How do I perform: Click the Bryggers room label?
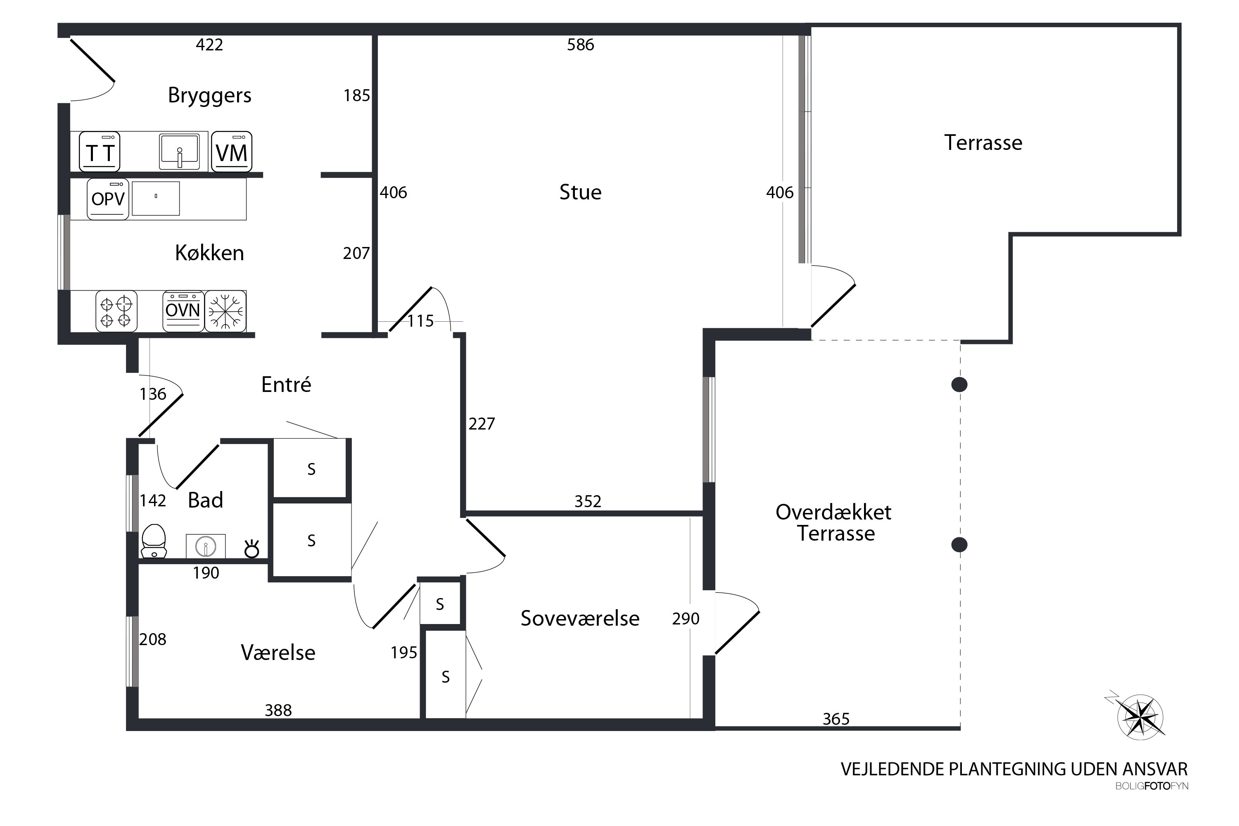pyautogui.click(x=210, y=96)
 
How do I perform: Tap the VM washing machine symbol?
pyautogui.click(x=232, y=152)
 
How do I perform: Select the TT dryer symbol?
pyautogui.click(x=100, y=152)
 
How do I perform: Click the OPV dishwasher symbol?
pyautogui.click(x=108, y=199)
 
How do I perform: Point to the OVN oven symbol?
pyautogui.click(x=183, y=311)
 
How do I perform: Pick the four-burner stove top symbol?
pyautogui.click(x=116, y=311)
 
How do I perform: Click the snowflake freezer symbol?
pyautogui.click(x=225, y=311)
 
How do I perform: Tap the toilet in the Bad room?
pyautogui.click(x=154, y=541)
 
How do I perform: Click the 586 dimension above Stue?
pyautogui.click(x=581, y=45)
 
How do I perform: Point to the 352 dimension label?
pyautogui.click(x=588, y=501)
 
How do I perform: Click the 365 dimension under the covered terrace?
pyautogui.click(x=836, y=719)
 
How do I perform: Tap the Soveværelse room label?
pyautogui.click(x=580, y=618)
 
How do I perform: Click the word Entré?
pyautogui.click(x=286, y=385)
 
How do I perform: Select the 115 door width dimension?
pyautogui.click(x=420, y=321)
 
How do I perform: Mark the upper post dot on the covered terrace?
pyautogui.click(x=959, y=385)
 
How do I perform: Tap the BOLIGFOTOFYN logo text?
pyautogui.click(x=1151, y=786)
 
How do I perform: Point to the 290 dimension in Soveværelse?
pyautogui.click(x=686, y=618)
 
